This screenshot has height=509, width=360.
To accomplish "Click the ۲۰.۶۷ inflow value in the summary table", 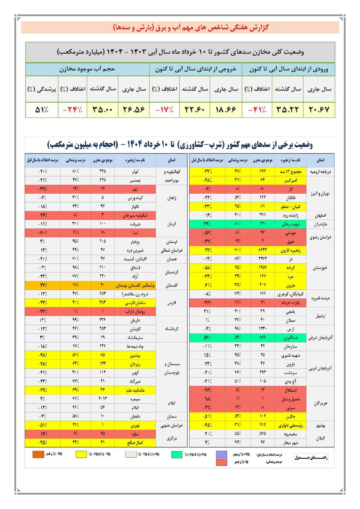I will click(319, 110).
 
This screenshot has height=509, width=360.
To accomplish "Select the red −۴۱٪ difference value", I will click(257, 110).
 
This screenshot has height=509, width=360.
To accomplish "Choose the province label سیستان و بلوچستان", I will click(172, 368).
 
